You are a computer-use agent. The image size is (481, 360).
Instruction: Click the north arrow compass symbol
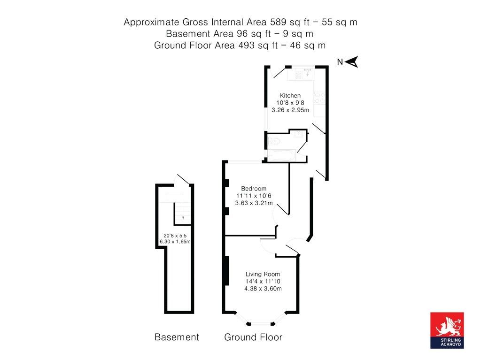[351, 61]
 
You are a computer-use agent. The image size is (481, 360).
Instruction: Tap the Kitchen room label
[290, 95]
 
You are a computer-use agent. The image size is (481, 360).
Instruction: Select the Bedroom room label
[254, 189]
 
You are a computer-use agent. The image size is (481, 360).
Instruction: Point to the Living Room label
[263, 274]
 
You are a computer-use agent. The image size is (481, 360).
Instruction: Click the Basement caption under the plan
[177, 337]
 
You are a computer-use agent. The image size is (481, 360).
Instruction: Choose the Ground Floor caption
[253, 337]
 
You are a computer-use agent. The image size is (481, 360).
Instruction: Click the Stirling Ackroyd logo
[447, 330]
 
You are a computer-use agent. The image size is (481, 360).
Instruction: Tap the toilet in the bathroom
[274, 141]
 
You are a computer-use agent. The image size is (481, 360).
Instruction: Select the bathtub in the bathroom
[282, 155]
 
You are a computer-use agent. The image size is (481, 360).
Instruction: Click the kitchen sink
[307, 74]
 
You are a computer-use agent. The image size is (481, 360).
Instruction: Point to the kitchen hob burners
[319, 98]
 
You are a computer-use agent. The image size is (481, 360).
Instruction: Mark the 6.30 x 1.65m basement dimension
[175, 242]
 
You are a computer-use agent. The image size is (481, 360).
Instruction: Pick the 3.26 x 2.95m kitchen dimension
[290, 110]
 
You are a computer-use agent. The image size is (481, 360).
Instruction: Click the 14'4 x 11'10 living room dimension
[263, 281]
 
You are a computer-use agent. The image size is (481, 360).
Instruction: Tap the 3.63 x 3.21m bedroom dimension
[254, 203]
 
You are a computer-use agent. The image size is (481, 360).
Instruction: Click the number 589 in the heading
[278, 22]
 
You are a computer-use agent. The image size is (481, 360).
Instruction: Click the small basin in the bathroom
[298, 134]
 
